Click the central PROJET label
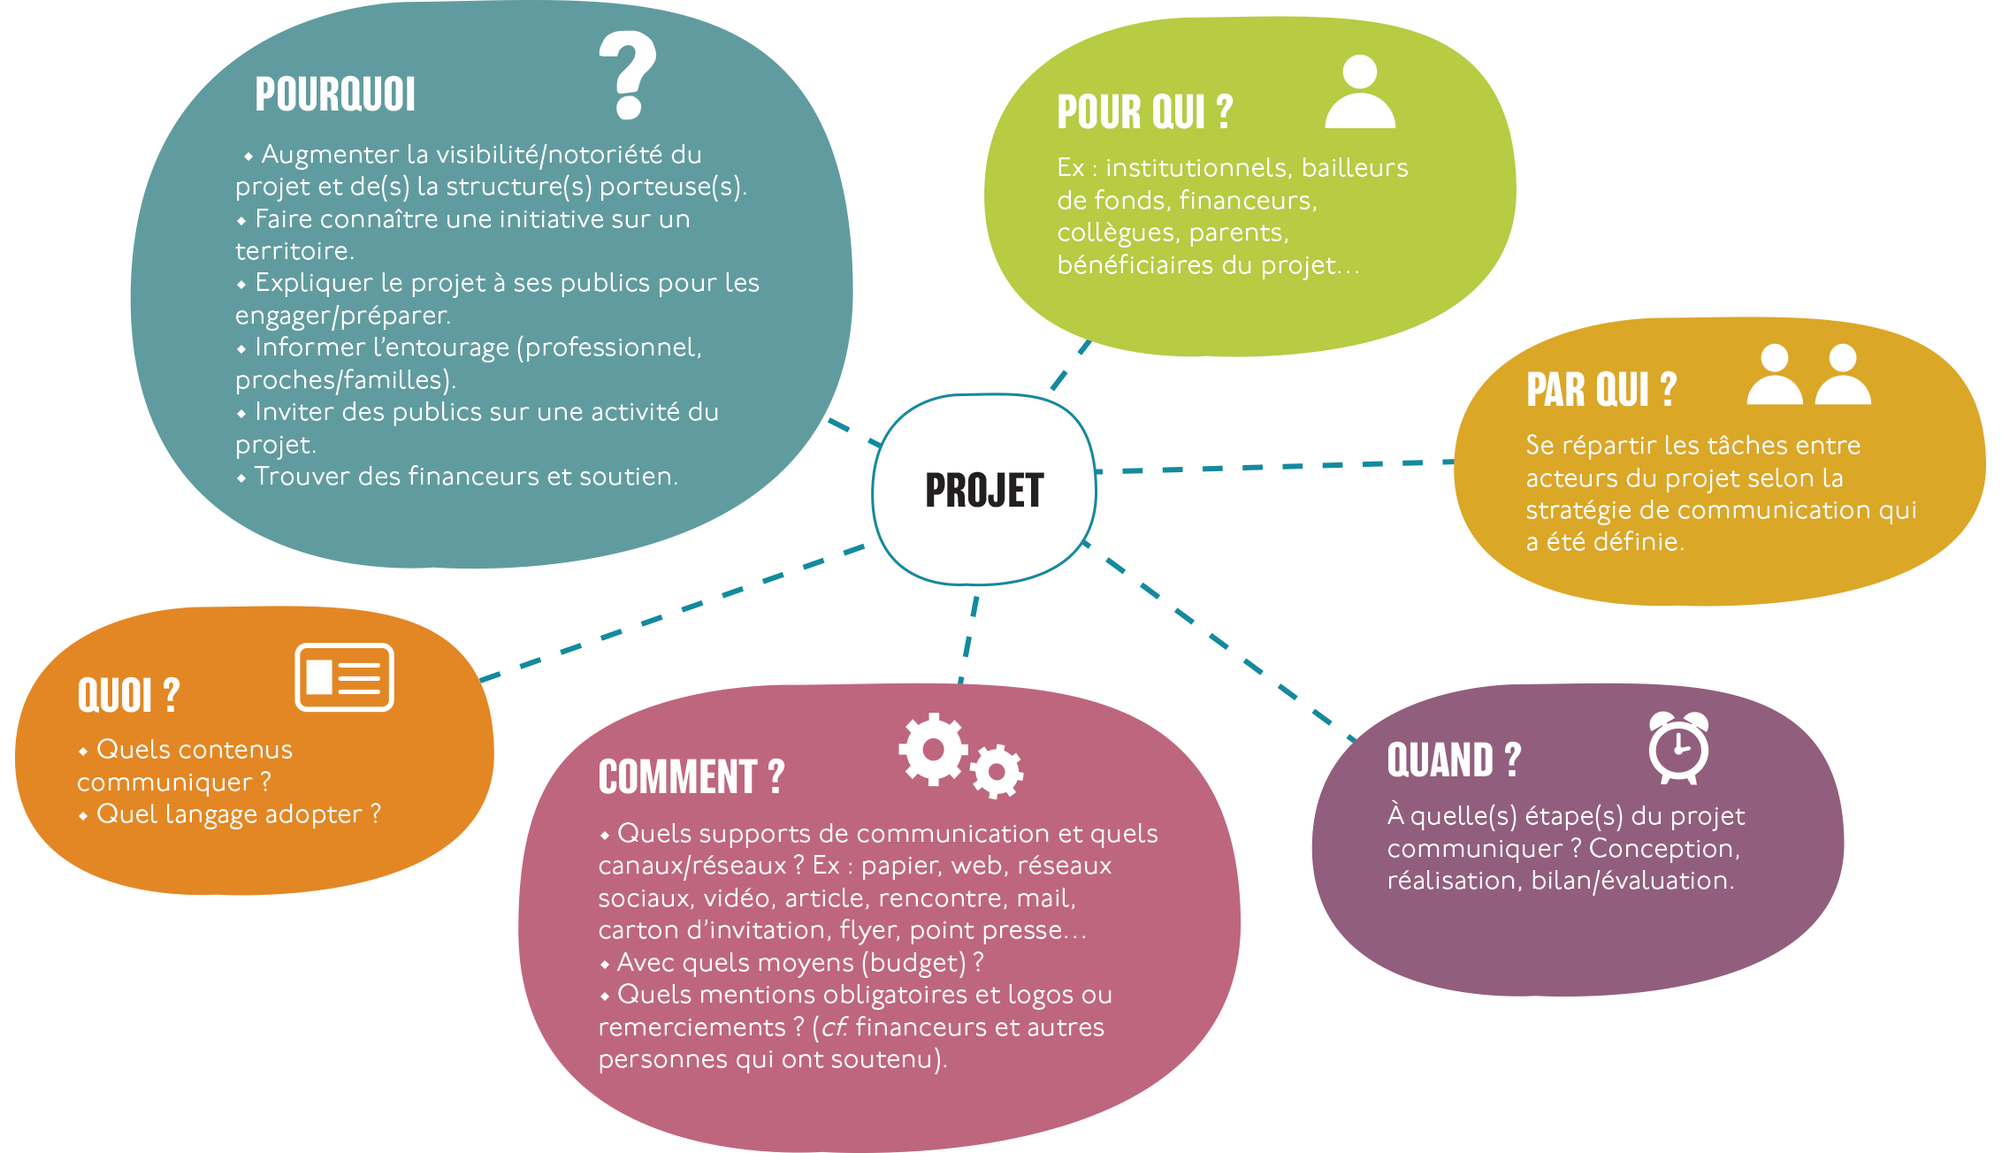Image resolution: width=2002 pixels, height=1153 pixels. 984,491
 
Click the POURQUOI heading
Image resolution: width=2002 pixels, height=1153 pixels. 335,95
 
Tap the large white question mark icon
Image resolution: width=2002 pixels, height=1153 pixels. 628,75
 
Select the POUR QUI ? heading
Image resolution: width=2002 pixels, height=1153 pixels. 1144,112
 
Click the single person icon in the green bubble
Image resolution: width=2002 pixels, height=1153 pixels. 1360,92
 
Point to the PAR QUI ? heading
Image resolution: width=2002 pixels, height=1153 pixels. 1601,390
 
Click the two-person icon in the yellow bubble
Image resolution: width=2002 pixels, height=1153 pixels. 1808,376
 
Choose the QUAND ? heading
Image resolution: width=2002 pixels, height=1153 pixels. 1454,760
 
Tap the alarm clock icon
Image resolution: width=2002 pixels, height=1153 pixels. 1678,748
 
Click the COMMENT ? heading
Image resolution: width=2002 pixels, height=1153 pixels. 692,777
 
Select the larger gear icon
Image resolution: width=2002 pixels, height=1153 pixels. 933,749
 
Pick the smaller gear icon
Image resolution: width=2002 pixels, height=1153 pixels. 997,771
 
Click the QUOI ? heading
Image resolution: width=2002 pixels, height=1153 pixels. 129,696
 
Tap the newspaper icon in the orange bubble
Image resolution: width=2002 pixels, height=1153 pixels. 344,677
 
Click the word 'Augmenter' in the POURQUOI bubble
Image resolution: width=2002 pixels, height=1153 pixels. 330,155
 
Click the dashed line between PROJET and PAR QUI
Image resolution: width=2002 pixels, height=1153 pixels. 1273,466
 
